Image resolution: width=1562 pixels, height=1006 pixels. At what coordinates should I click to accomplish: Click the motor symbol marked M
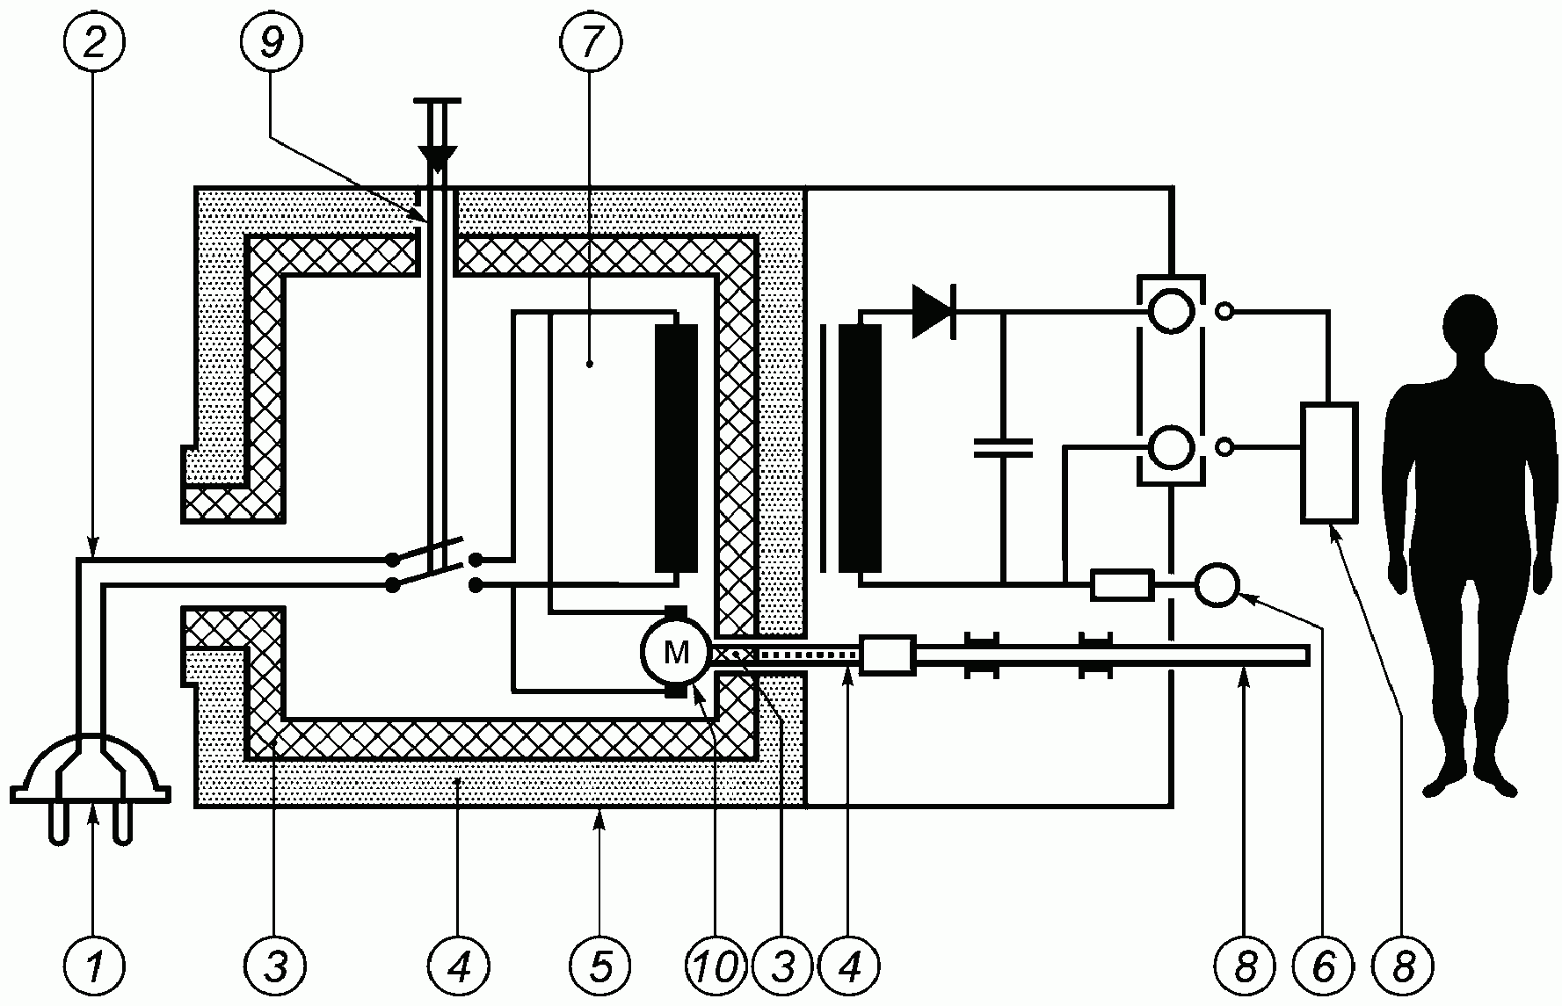(x=676, y=651)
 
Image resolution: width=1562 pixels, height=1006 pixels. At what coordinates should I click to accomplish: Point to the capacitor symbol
(x=1004, y=447)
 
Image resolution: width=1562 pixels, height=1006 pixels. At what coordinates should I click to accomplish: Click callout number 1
(x=94, y=966)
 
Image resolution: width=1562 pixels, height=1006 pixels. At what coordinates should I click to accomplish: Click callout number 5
(x=600, y=966)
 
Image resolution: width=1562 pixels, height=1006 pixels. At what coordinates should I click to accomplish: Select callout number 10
(x=716, y=966)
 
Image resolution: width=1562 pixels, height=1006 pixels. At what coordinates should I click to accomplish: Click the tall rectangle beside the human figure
(x=1330, y=462)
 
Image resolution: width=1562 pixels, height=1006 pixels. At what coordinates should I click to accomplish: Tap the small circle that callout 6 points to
(x=1217, y=584)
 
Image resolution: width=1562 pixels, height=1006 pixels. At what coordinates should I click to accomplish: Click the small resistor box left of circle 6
(x=1122, y=585)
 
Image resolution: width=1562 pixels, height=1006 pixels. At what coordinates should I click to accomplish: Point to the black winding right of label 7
(x=676, y=449)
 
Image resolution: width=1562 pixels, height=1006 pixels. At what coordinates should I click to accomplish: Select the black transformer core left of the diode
(x=860, y=449)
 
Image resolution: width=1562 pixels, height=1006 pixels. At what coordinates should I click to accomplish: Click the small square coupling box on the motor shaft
(x=888, y=655)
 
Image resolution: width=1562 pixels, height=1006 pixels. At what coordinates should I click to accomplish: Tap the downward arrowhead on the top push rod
(x=437, y=157)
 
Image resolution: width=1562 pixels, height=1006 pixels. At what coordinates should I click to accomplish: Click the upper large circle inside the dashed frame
(x=1171, y=311)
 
